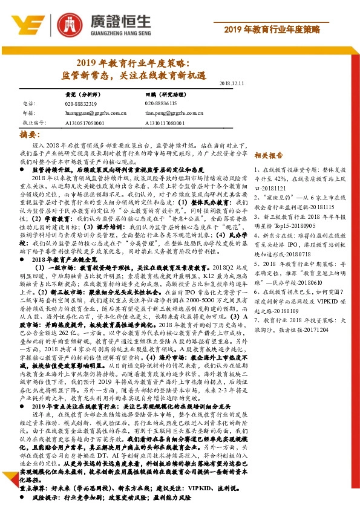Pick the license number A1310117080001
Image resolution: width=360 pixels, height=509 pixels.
[166, 122]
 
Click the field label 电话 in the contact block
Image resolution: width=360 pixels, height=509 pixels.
[28, 104]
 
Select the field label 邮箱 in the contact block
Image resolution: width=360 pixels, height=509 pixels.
[28, 112]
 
